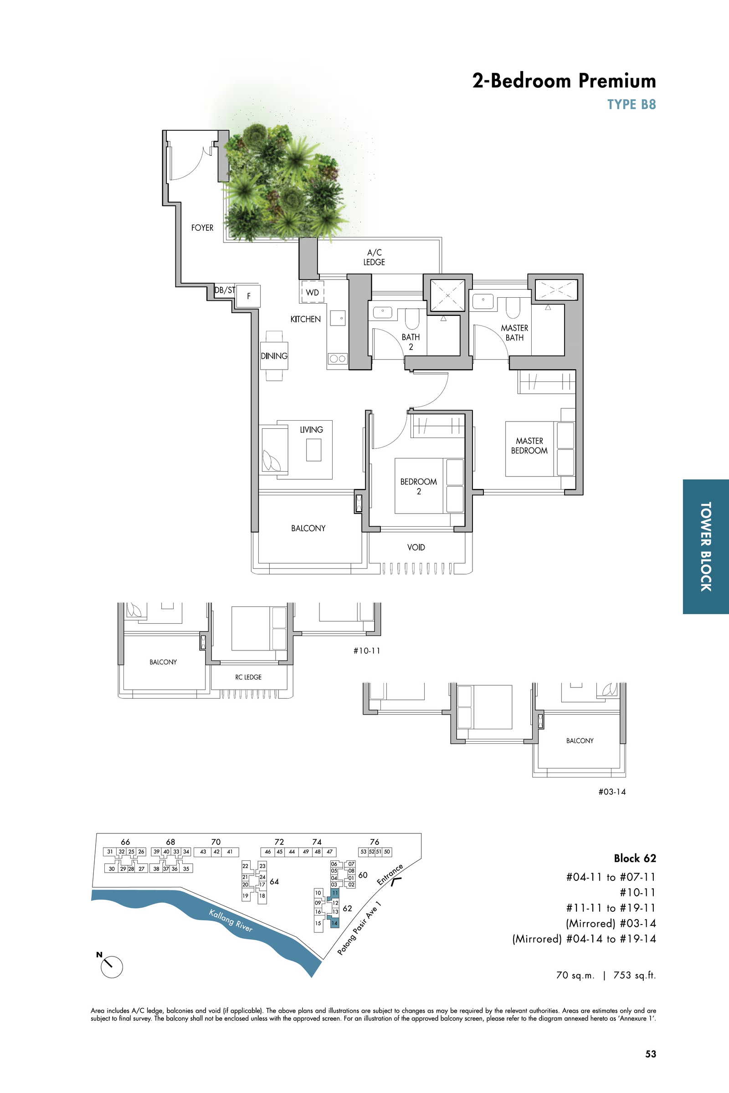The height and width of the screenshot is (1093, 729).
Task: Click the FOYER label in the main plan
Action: [202, 228]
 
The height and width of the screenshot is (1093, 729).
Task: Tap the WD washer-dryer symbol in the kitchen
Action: [313, 292]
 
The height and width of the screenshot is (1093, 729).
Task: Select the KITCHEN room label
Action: [305, 319]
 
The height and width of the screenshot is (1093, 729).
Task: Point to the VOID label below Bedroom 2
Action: [416, 547]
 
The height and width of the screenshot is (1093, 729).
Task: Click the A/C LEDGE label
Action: [374, 257]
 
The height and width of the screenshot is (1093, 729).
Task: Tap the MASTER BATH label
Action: [515, 333]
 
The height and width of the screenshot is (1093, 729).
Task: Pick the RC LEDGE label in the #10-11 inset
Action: [248, 677]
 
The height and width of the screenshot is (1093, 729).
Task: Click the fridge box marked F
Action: [248, 296]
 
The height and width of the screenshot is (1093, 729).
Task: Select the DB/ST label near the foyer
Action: [225, 290]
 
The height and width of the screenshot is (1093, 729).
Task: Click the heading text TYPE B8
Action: [631, 104]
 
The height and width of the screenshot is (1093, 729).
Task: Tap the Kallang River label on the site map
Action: [231, 920]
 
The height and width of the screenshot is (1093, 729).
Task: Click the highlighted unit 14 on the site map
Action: [334, 923]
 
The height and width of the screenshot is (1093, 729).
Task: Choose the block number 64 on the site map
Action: [274, 881]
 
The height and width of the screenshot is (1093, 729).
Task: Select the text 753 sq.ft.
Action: [635, 975]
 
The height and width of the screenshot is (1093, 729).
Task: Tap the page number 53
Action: [651, 1054]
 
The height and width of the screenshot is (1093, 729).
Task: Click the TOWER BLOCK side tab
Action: [706, 546]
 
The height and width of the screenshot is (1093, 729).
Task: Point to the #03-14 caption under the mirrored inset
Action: [612, 792]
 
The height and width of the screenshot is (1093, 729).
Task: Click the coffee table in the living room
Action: [313, 450]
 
